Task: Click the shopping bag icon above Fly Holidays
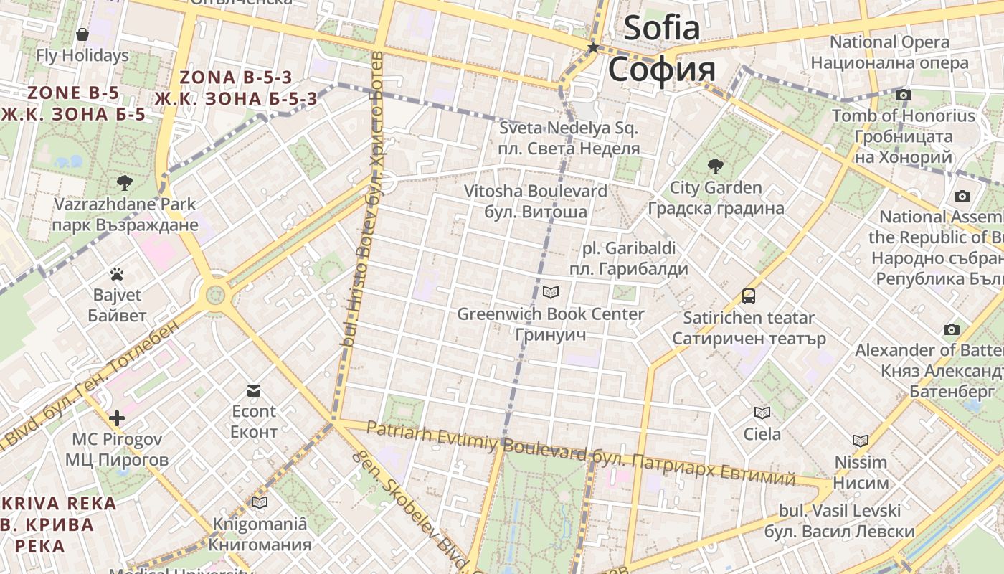[82, 34]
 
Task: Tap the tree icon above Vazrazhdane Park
[125, 182]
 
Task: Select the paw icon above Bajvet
[117, 273]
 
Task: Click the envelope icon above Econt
[253, 390]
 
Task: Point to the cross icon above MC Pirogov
[117, 418]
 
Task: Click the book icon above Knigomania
[260, 503]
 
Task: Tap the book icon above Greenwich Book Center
[551, 292]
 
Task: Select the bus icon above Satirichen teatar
[749, 296]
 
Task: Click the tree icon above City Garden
[715, 166]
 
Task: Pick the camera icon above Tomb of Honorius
[904, 95]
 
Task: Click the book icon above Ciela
[762, 413]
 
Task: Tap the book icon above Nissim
[861, 441]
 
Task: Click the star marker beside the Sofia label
[593, 48]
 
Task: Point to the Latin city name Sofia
[661, 29]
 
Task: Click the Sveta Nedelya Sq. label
[569, 128]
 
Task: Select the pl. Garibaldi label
[629, 248]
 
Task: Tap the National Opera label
[889, 42]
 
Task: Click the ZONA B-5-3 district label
[237, 77]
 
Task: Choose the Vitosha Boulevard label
[535, 192]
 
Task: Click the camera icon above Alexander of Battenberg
[952, 329]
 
